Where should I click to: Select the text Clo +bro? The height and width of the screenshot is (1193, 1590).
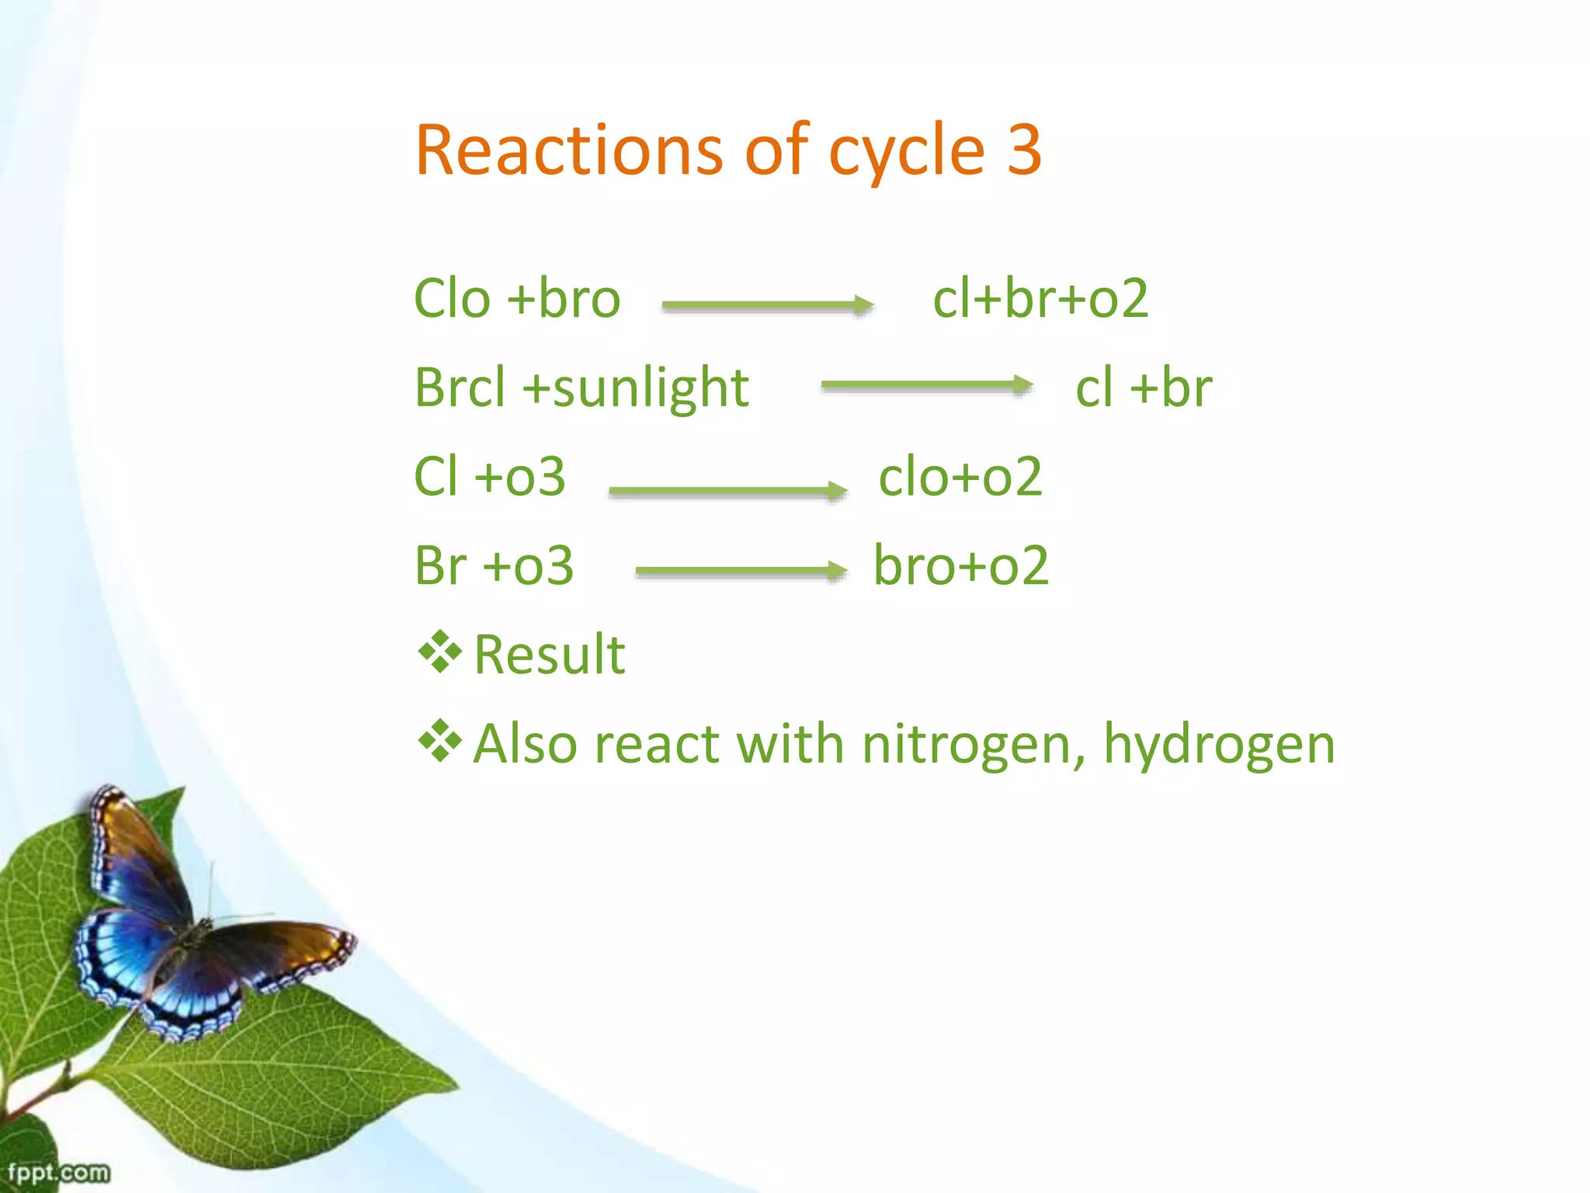[x=517, y=299]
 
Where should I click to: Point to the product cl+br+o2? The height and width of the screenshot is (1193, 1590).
[x=1040, y=299]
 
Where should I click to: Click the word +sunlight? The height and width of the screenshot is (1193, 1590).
[x=635, y=388]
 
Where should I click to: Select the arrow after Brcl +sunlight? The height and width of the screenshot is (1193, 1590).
[x=926, y=385]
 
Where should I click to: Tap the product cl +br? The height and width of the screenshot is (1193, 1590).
[x=1144, y=388]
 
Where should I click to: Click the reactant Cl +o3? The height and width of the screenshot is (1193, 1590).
[x=490, y=477]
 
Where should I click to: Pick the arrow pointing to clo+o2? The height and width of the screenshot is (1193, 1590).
[x=727, y=491]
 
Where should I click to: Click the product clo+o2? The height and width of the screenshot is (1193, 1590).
[x=960, y=477]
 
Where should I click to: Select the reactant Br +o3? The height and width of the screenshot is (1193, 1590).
[x=494, y=565]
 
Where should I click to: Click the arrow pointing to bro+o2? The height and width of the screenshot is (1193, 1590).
[x=740, y=572]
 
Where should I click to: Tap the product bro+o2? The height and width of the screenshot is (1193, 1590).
[x=961, y=565]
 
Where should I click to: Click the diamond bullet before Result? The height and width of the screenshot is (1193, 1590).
[x=439, y=652]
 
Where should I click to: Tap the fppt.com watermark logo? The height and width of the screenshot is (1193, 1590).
[x=58, y=1171]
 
